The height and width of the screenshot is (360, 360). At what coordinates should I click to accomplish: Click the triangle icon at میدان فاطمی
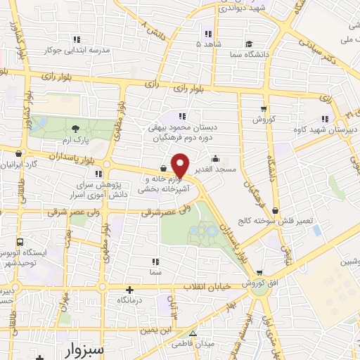coord(192,334)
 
